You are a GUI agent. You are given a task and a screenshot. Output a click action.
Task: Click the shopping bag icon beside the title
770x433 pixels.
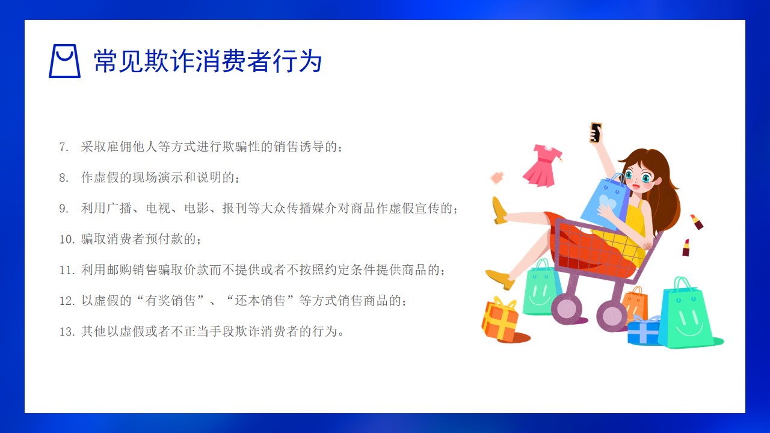64,61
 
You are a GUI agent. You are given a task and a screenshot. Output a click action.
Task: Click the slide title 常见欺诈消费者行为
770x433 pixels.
208,61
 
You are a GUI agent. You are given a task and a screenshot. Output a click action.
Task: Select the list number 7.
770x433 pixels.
64,147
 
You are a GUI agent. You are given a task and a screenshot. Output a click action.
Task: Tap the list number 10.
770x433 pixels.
67,239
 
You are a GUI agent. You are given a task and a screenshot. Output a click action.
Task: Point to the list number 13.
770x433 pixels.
67,331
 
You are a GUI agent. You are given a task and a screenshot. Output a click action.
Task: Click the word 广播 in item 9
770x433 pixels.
119,208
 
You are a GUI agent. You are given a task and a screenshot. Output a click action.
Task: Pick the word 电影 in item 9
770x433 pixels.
196,208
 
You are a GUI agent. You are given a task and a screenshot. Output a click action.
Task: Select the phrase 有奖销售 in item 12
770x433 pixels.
170,301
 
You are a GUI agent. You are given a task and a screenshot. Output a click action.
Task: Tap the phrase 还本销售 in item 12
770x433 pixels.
260,301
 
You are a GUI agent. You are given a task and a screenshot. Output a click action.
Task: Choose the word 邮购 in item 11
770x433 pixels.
119,270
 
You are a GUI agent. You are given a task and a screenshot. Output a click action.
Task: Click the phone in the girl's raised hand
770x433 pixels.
596,132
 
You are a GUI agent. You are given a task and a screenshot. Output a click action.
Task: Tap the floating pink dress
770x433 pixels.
543,166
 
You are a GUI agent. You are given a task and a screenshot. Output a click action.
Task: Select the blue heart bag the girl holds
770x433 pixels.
605,203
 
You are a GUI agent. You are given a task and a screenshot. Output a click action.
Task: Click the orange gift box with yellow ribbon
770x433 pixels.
500,319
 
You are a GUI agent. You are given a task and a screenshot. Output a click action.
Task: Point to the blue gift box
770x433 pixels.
644,331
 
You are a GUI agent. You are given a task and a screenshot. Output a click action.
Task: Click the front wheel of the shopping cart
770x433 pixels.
567,309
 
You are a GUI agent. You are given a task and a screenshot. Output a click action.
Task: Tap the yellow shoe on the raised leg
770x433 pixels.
499,210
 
